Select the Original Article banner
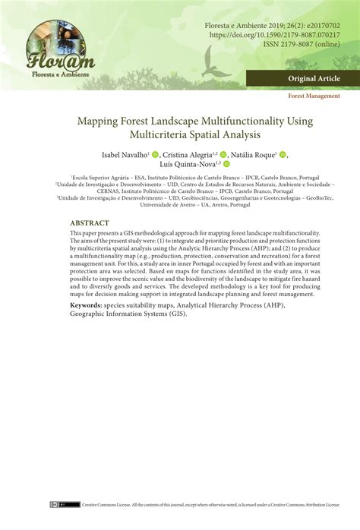(314, 79)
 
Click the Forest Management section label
(314, 96)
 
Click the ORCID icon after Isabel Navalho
(155, 154)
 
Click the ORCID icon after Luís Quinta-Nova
(226, 164)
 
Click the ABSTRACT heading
(89, 223)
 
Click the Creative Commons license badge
(70, 503)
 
